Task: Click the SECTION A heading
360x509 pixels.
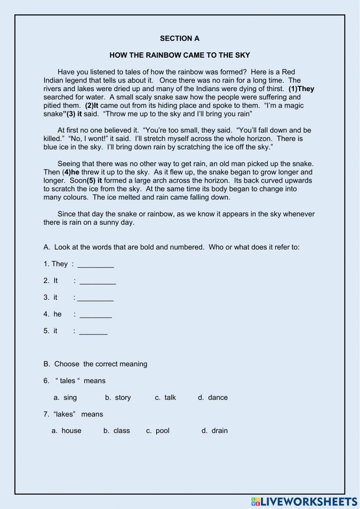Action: (x=180, y=39)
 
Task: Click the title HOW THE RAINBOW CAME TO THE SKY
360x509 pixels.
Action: (x=180, y=55)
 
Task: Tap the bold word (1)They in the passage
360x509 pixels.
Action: (x=301, y=89)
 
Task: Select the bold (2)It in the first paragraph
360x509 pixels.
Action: (x=91, y=106)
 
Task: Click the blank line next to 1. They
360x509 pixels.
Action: (x=96, y=265)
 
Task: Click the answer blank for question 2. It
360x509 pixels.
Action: (x=98, y=281)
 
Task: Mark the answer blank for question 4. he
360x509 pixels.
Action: (x=95, y=315)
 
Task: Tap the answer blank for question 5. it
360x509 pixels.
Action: (x=93, y=331)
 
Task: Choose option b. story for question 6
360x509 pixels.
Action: (x=118, y=397)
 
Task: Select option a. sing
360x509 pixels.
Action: (x=65, y=397)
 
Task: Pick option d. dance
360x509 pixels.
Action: (x=213, y=397)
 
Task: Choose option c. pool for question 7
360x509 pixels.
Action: (x=158, y=431)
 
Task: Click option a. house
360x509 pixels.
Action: (x=67, y=431)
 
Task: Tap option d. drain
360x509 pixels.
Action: (x=215, y=431)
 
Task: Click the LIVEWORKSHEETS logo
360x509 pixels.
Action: (x=304, y=501)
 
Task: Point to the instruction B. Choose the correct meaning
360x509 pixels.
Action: (x=95, y=364)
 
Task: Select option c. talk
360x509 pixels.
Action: (x=166, y=397)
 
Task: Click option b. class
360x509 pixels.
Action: (x=117, y=431)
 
